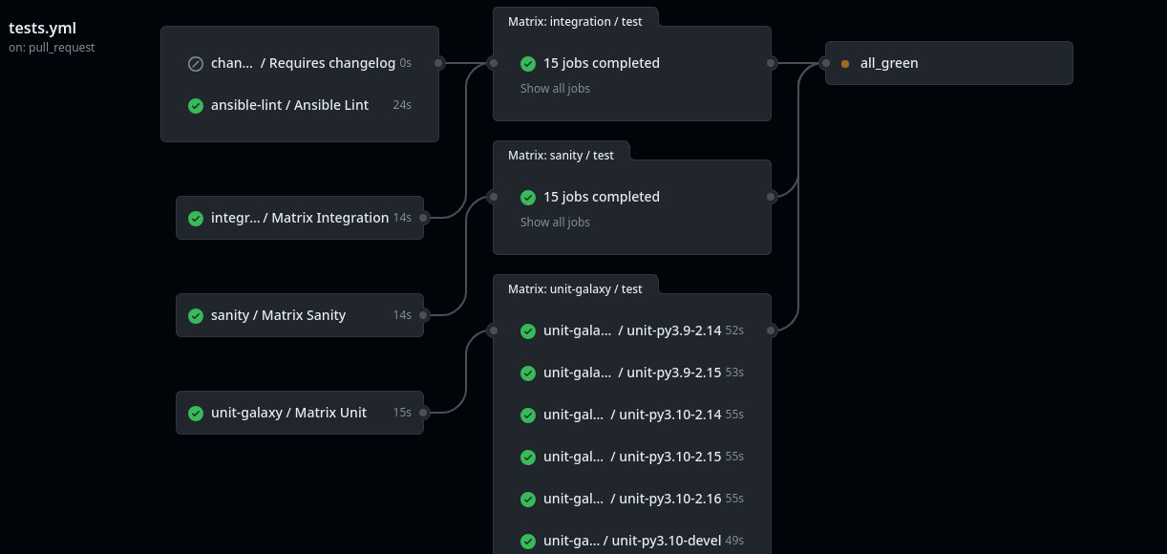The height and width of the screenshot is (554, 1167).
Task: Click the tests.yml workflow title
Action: [x=42, y=28]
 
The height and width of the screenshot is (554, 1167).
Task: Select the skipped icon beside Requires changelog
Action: [x=196, y=64]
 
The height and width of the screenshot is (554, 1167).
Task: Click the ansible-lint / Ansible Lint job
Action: [x=289, y=105]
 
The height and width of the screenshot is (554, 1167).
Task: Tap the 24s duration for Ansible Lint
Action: [x=402, y=105]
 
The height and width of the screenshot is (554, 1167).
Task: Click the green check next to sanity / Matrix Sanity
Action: [x=196, y=316]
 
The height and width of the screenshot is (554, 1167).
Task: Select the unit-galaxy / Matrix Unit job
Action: [x=288, y=413]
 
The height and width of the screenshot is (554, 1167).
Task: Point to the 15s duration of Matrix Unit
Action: [x=402, y=413]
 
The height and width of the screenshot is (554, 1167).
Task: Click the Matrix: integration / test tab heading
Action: [x=575, y=22]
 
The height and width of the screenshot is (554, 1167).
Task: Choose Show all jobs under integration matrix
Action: [x=555, y=89]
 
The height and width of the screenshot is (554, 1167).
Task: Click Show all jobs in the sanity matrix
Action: [x=555, y=222]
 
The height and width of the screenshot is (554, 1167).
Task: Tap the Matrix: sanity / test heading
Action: [x=561, y=156]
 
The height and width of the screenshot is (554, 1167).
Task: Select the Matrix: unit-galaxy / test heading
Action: [x=575, y=289]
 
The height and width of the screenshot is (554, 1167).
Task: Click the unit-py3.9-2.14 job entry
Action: [x=632, y=330]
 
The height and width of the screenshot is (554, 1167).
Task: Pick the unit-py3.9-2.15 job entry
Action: [x=632, y=373]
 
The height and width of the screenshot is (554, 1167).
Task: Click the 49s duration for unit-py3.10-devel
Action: [x=734, y=541]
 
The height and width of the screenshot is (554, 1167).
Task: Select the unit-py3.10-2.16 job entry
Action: [x=632, y=499]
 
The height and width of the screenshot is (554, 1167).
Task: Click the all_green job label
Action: [x=889, y=63]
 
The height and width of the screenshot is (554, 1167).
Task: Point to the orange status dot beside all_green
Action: [x=845, y=64]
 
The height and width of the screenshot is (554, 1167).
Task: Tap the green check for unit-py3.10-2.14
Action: [x=528, y=415]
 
